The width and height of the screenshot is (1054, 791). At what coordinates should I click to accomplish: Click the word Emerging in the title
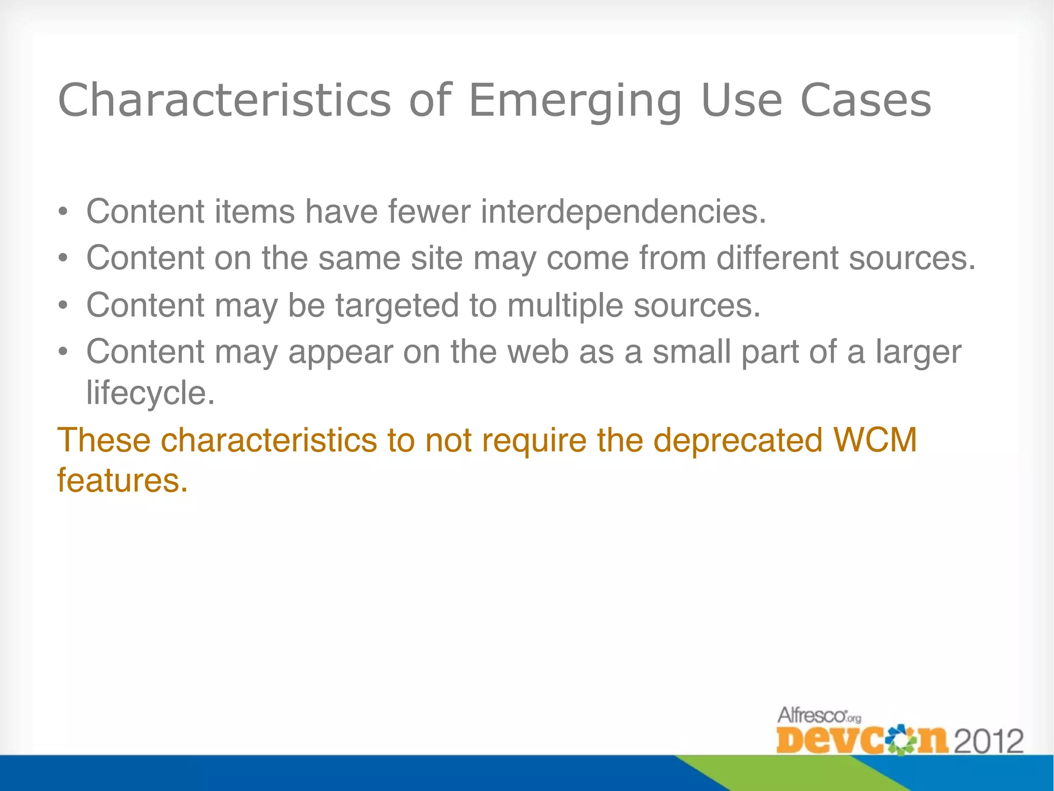click(575, 101)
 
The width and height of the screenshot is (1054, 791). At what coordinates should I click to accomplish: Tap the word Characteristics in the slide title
click(224, 100)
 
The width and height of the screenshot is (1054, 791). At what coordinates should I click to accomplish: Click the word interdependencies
click(623, 212)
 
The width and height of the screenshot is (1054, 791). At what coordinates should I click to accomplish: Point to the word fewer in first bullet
click(429, 212)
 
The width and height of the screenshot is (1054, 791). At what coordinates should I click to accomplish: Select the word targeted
click(397, 305)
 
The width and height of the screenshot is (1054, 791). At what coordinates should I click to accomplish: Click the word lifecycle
click(150, 393)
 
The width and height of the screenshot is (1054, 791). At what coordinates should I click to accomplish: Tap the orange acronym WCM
click(875, 440)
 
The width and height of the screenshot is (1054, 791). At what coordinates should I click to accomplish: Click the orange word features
click(122, 481)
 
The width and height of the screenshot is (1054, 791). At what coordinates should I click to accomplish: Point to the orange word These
click(103, 440)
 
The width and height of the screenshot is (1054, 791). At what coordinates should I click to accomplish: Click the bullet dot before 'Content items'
click(63, 212)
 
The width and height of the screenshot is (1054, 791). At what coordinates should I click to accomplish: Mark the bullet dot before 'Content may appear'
click(63, 353)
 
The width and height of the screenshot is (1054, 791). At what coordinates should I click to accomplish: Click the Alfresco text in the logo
click(813, 715)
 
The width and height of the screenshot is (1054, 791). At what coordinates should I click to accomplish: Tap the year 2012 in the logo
click(988, 742)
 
